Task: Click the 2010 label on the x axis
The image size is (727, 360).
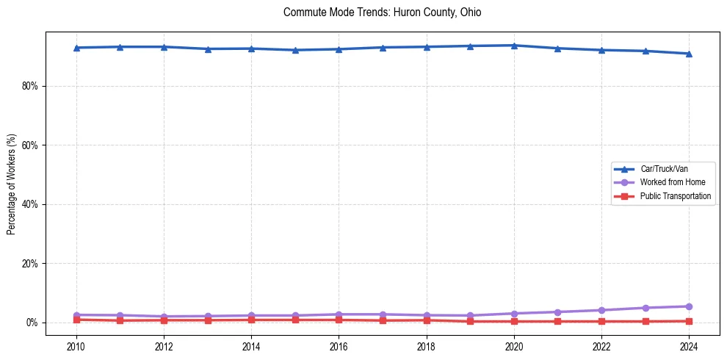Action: [x=76, y=346]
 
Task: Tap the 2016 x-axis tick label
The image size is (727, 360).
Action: [x=339, y=346]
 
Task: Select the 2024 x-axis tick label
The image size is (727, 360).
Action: [x=689, y=346]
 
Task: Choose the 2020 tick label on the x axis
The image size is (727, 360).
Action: [x=514, y=346]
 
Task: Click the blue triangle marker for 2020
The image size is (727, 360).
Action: [x=514, y=46]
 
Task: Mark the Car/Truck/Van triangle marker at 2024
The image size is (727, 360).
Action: [x=689, y=54]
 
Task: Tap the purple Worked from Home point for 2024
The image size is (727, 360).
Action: [x=689, y=306]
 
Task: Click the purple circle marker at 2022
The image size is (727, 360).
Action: [x=601, y=310]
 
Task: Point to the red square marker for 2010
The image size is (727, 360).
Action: [x=76, y=320]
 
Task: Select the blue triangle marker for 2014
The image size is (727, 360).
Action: [x=251, y=48]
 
